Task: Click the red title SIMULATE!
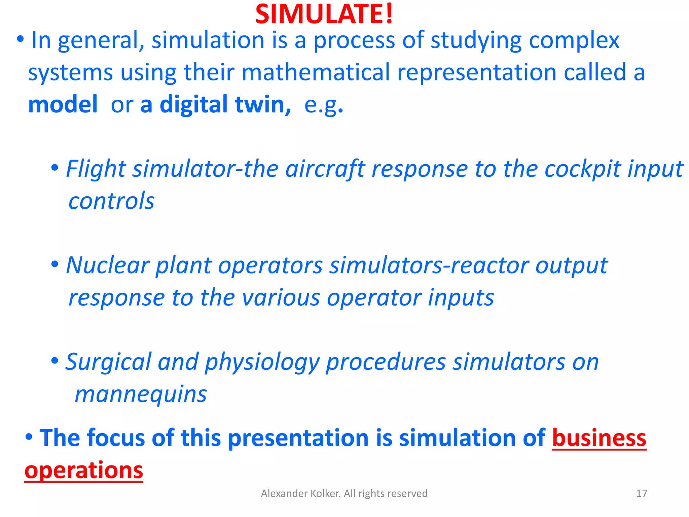324,14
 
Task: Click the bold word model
63,104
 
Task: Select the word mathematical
315,72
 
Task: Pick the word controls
111,201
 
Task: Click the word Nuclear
107,265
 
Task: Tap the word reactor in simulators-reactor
489,265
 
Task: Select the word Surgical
108,362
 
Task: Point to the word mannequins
141,394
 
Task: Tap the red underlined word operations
84,470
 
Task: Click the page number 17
642,493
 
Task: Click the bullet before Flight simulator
55,167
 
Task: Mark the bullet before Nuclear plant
55,264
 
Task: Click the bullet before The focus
29,437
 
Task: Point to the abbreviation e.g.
323,105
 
